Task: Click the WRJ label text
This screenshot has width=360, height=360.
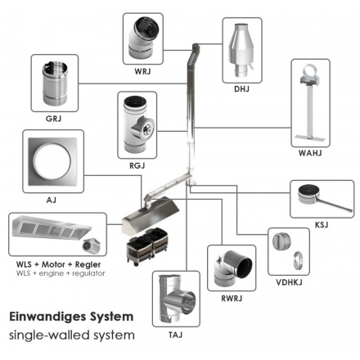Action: [142, 71]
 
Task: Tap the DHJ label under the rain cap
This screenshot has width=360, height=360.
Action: [241, 89]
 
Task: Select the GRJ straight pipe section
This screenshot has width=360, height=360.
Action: [55, 83]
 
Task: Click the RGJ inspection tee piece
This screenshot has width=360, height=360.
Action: [137, 125]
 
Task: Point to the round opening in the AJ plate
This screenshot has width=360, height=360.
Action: [52, 161]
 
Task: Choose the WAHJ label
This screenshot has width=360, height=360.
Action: [310, 153]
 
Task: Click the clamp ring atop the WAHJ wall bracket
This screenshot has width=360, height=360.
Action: [309, 71]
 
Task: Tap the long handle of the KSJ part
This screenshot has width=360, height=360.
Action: [335, 205]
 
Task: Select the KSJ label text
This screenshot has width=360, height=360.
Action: [322, 225]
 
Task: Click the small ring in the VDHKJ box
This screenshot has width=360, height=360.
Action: [299, 261]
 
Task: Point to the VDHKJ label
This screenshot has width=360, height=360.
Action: [289, 282]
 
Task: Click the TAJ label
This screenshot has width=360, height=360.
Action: [175, 335]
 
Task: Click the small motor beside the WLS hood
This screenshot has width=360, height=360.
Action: [92, 245]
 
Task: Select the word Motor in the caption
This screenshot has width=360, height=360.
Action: [53, 264]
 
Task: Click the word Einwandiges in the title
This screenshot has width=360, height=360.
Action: [48, 317]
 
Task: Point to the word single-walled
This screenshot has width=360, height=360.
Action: [49, 335]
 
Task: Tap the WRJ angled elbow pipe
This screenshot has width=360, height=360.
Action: [143, 38]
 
